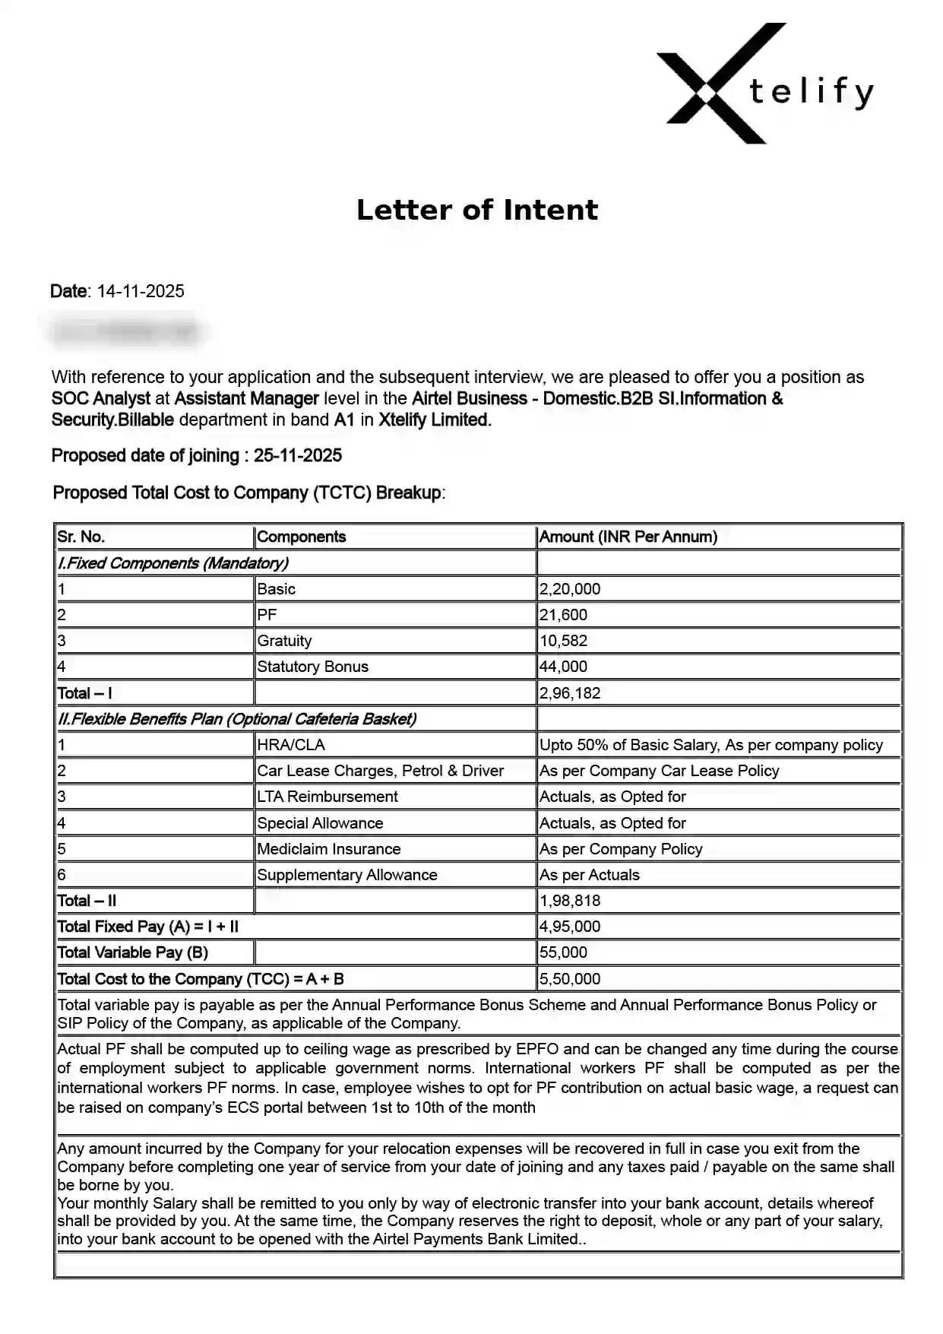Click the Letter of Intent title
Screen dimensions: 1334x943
coord(477,211)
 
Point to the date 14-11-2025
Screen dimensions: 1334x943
coord(141,292)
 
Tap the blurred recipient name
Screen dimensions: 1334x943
coord(125,332)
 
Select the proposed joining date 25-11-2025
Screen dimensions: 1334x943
coord(297,456)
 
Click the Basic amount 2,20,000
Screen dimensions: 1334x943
coord(570,589)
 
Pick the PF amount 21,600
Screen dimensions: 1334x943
coord(563,615)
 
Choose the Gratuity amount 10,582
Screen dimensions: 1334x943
coord(563,641)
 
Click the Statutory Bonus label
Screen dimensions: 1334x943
coord(312,667)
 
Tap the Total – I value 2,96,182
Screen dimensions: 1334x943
coord(570,693)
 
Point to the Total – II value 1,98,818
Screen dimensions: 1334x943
coord(570,901)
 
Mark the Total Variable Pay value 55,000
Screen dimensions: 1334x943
coord(563,952)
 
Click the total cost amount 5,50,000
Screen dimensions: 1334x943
coord(570,979)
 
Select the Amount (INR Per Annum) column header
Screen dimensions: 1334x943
coord(628,537)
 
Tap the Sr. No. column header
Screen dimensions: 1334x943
coord(81,537)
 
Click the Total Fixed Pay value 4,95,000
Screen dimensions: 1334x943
coord(570,927)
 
